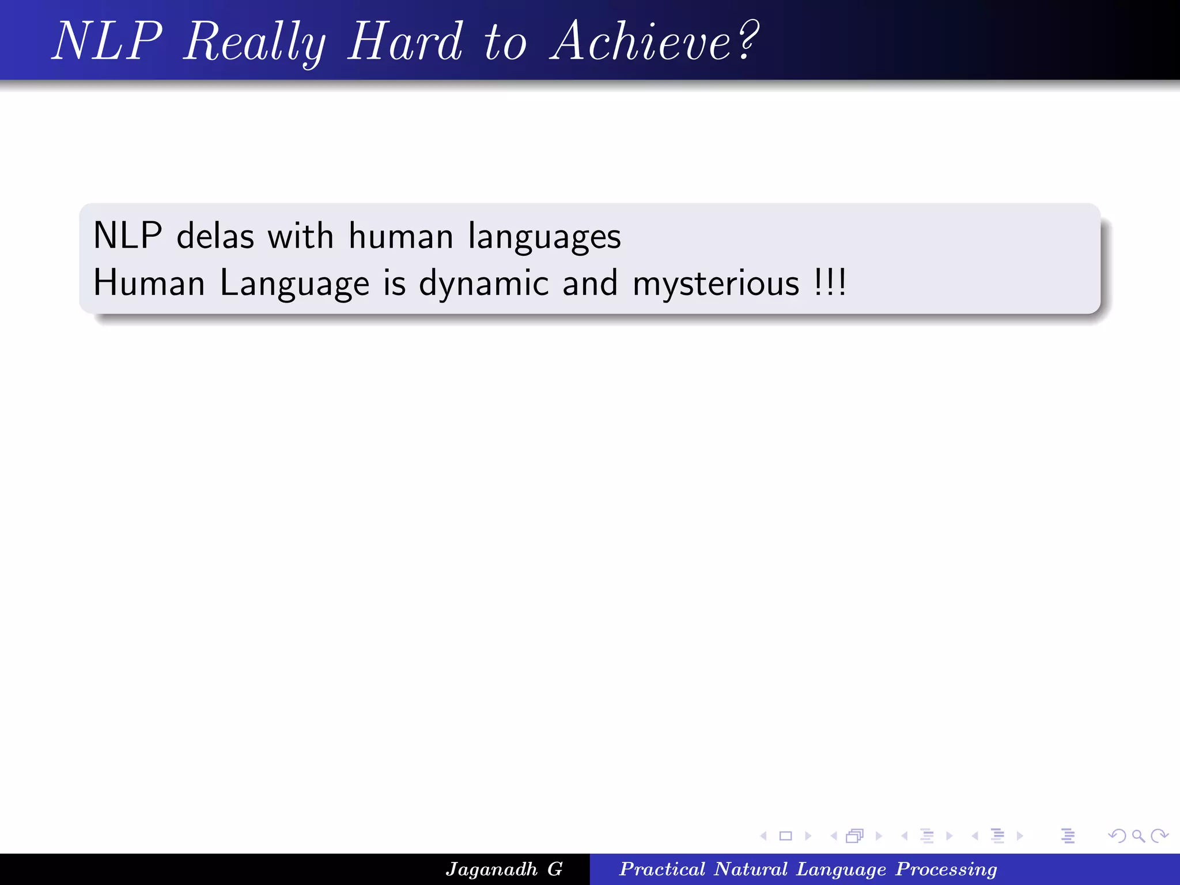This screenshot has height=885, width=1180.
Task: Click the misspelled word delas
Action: point(215,236)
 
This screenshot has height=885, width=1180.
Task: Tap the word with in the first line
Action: point(301,236)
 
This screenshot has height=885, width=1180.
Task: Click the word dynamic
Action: point(483,284)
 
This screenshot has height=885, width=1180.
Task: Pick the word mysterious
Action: point(716,284)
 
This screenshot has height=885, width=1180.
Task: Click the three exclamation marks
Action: point(830,283)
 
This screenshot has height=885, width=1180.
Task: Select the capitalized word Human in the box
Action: point(149,283)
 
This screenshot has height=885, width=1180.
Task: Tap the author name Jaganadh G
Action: point(504,869)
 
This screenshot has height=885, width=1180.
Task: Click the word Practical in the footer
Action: point(662,869)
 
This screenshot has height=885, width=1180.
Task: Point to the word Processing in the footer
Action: point(946,869)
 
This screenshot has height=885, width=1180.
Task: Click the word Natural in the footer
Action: point(750,869)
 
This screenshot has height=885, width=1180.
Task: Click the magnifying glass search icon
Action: point(1138,836)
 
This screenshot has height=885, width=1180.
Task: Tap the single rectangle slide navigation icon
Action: point(785,836)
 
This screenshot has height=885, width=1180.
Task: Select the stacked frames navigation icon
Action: point(855,836)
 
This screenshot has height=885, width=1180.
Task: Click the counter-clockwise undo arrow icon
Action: point(1117,836)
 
